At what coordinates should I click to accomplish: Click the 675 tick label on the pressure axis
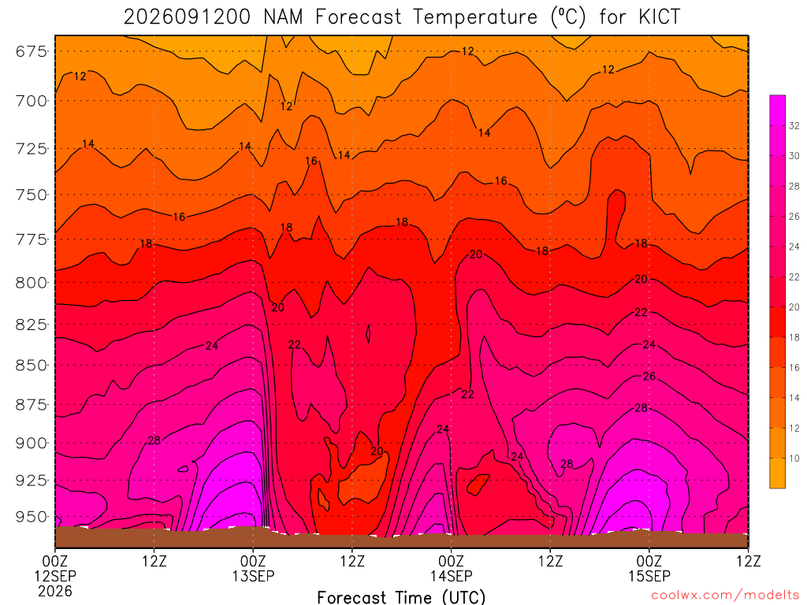(x=31, y=51)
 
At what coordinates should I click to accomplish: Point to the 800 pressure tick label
(x=31, y=283)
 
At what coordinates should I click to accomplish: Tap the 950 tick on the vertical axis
(x=31, y=517)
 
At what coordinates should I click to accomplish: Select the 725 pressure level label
(x=31, y=149)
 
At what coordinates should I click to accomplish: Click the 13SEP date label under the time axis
(x=253, y=576)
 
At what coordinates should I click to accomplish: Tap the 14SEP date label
(x=452, y=576)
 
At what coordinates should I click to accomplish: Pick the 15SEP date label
(x=649, y=576)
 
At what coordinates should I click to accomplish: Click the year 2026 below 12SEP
(x=55, y=591)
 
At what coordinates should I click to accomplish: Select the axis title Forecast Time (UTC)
(x=401, y=597)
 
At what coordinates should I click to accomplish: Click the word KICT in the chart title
(x=660, y=17)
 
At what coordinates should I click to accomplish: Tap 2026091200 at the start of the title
(x=187, y=17)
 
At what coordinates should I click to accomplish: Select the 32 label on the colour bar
(x=794, y=126)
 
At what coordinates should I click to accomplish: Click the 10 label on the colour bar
(x=794, y=458)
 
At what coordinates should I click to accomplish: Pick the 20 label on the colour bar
(x=794, y=307)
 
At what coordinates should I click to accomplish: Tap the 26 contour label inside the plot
(x=649, y=377)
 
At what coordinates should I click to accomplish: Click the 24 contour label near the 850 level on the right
(x=649, y=344)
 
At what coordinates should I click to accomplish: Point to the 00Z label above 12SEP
(x=55, y=561)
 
